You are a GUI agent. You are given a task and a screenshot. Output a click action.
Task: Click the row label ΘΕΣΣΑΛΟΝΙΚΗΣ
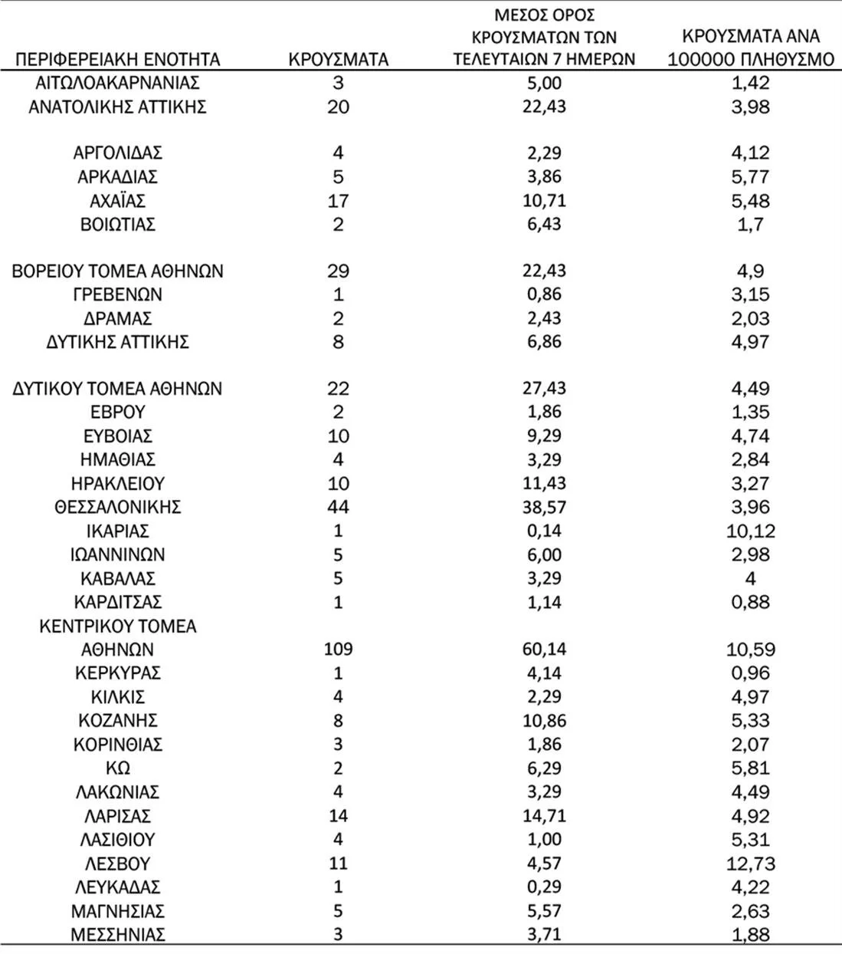[118, 507]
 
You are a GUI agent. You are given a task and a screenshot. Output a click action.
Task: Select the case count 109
[338, 649]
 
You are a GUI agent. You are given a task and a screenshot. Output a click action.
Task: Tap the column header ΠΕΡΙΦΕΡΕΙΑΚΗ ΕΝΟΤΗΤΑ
[118, 59]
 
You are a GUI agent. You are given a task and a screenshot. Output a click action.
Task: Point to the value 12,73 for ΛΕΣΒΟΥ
[750, 864]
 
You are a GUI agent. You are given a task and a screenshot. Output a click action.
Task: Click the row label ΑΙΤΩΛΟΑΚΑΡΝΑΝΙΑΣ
[118, 83]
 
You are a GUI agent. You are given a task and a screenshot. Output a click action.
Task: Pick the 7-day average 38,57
[544, 507]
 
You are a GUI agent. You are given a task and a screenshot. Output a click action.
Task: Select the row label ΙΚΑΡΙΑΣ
[118, 531]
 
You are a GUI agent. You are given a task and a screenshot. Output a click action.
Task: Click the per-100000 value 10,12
[750, 531]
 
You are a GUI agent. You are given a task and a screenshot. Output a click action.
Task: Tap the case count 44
[338, 507]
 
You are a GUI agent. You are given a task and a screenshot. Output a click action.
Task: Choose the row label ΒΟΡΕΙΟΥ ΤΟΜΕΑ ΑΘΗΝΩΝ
[118, 271]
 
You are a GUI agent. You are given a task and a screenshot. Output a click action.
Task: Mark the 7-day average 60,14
[544, 649]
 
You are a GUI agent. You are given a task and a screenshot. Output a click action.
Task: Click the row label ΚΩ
[118, 768]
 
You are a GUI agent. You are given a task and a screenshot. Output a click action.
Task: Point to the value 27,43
[544, 388]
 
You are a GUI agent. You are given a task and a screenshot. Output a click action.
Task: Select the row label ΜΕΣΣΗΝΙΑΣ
[118, 935]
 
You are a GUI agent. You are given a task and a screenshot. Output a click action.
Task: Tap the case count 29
[338, 271]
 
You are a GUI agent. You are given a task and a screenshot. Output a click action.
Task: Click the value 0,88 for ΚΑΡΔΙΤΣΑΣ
[750, 602]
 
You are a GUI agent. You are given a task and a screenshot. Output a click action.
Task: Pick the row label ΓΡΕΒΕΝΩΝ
[118, 294]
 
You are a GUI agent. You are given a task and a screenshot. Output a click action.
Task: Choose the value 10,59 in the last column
[750, 649]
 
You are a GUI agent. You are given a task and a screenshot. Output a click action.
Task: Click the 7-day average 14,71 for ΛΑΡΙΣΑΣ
[544, 815]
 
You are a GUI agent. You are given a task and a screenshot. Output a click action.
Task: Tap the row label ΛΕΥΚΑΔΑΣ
[118, 887]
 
